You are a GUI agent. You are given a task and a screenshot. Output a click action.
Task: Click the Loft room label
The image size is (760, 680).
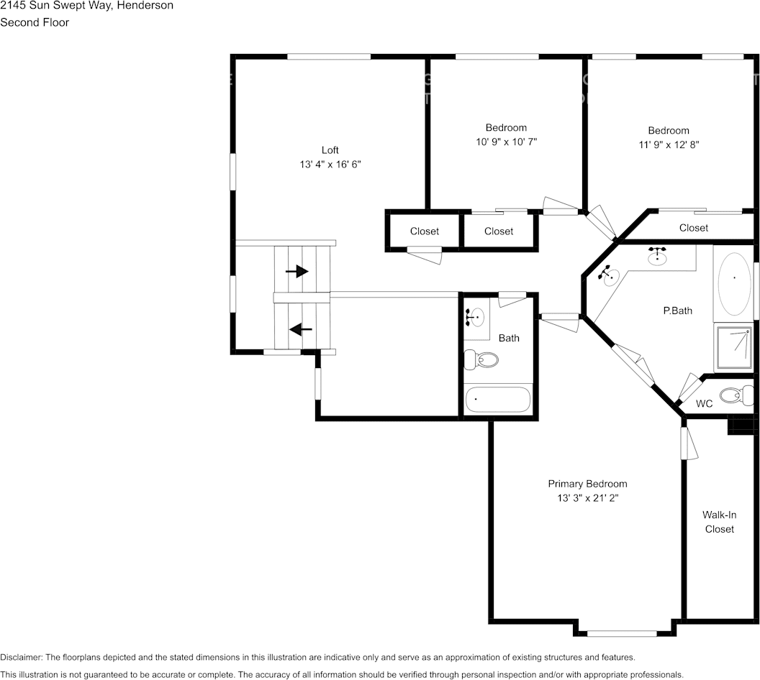(x=330, y=150)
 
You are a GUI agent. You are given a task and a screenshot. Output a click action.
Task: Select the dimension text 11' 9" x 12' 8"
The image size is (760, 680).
(x=669, y=144)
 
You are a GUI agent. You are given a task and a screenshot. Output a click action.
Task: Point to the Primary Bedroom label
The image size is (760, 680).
(x=587, y=484)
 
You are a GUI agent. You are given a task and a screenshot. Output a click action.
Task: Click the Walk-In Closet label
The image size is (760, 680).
(x=719, y=522)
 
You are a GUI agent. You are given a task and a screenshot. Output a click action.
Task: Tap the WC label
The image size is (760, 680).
(x=704, y=404)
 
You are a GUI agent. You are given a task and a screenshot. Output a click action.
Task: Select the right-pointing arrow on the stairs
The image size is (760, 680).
(x=297, y=271)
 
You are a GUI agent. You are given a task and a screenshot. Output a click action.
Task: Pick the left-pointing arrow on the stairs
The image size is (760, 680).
(x=300, y=329)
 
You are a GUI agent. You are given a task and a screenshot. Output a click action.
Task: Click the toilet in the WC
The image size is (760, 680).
(x=737, y=395)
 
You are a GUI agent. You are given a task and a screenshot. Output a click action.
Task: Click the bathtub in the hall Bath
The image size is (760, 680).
(x=498, y=399)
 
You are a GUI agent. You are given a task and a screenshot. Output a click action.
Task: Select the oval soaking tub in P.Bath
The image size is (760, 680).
(x=734, y=284)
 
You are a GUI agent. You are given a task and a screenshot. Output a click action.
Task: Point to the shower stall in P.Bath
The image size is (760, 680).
(x=733, y=347)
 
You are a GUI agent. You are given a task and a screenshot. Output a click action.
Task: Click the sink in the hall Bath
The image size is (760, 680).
(x=474, y=316)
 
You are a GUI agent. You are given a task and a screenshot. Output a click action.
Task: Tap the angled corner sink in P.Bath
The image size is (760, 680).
(x=609, y=275)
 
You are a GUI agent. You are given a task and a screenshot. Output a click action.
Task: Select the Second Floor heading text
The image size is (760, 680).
(x=35, y=22)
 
